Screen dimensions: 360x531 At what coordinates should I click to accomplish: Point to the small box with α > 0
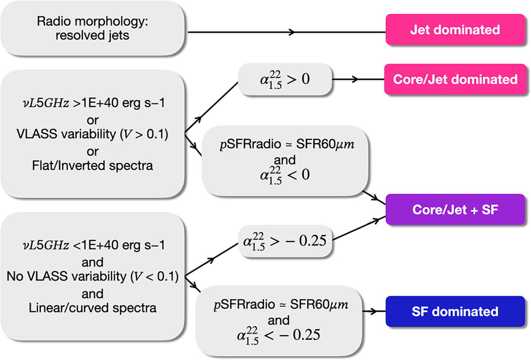pyautogui.click(x=285, y=80)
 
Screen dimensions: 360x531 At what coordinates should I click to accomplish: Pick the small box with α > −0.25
pyautogui.click(x=285, y=241)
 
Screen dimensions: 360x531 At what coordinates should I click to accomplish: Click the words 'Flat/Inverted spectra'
pyautogui.click(x=92, y=166)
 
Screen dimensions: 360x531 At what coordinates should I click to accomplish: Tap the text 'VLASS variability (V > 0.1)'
pyautogui.click(x=92, y=136)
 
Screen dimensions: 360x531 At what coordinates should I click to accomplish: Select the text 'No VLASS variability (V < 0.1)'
pyautogui.click(x=92, y=277)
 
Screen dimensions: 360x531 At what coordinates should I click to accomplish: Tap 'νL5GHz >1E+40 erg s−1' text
pyautogui.click(x=92, y=106)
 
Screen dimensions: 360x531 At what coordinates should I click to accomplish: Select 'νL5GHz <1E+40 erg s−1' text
pyautogui.click(x=92, y=246)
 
